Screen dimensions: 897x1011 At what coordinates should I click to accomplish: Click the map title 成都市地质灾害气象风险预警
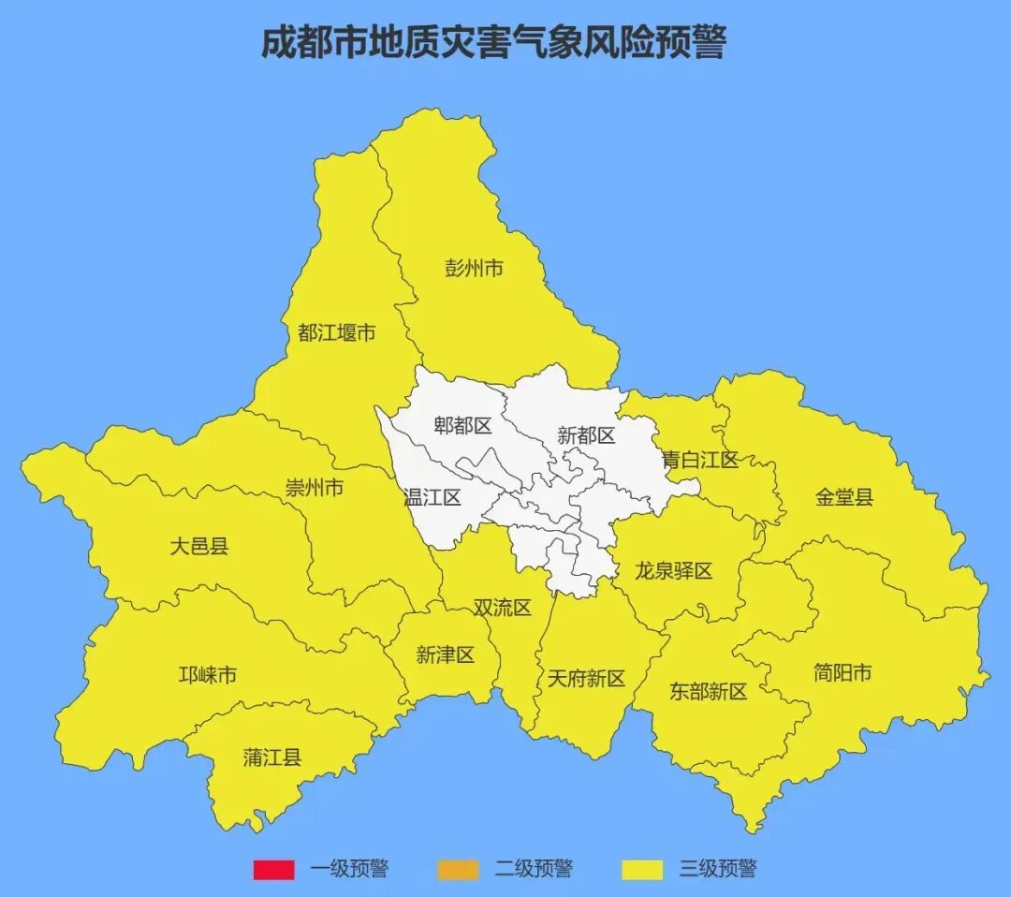pos(493,43)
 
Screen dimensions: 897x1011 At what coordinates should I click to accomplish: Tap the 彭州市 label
pos(474,269)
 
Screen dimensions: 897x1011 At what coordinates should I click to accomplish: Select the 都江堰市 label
pos(337,332)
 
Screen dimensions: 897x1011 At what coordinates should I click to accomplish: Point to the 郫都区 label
pos(462,426)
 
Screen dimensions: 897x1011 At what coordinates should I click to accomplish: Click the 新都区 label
pos(586,435)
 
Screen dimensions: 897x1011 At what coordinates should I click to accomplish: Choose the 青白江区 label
pos(700,460)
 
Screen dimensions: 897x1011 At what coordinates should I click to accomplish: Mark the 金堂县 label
pos(844,497)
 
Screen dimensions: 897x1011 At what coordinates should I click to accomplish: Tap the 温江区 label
pos(432,497)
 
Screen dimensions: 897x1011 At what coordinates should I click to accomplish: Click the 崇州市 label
pos(315,488)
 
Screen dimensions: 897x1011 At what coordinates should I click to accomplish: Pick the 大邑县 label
pos(198,547)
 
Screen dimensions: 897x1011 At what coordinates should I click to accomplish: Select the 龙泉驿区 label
pos(674,570)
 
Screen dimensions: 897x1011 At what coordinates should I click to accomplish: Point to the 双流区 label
pos(502,608)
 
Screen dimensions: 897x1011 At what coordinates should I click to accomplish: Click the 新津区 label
pos(446,655)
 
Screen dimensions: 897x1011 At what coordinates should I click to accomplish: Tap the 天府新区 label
pos(586,679)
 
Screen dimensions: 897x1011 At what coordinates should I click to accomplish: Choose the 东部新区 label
pos(709,692)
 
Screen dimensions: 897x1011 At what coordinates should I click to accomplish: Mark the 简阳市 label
pos(842,672)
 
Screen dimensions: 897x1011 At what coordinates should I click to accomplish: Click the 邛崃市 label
pos(208,675)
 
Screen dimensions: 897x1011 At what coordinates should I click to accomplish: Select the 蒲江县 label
pos(272,757)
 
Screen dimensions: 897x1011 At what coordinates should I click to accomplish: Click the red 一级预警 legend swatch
pos(273,870)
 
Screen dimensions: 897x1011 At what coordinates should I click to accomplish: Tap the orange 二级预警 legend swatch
pos(457,870)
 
